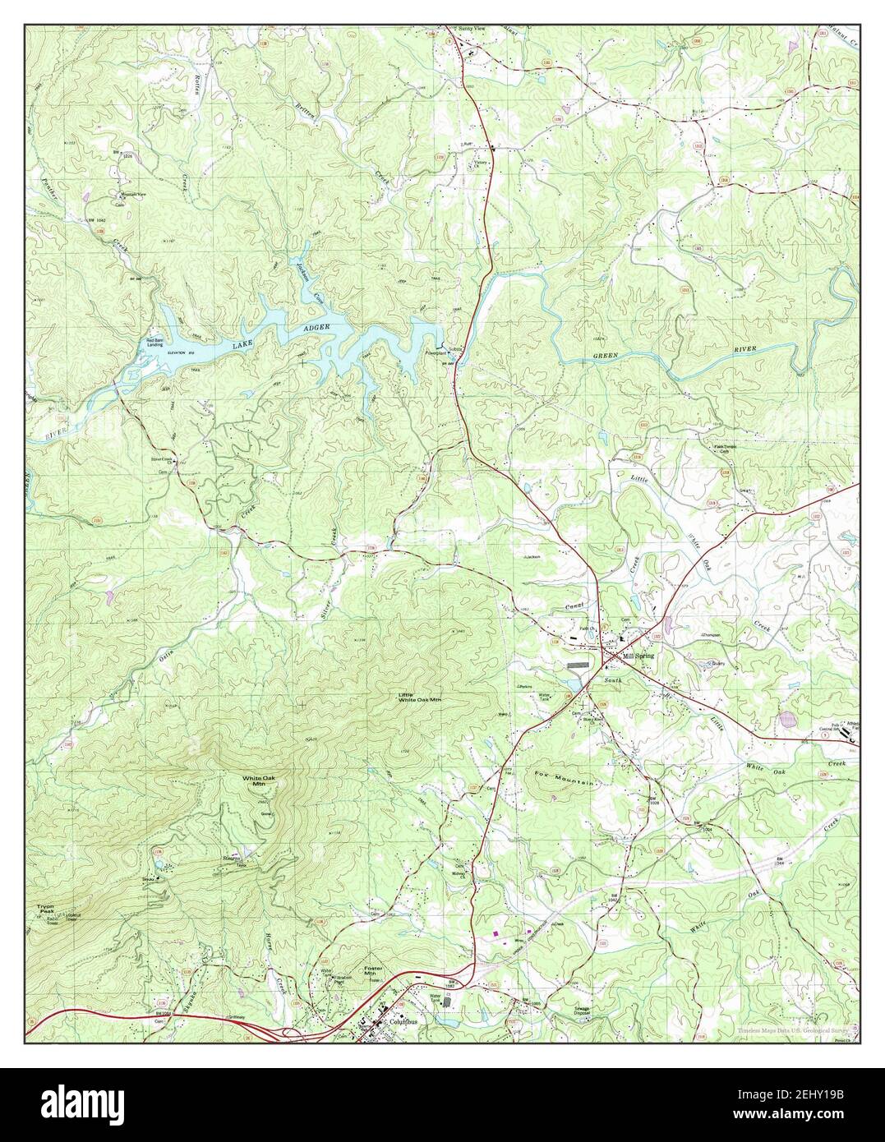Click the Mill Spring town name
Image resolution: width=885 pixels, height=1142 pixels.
point(640,658)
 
